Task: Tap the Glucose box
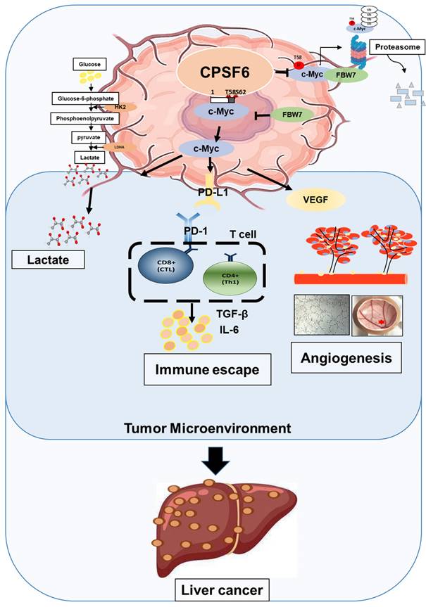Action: click(x=88, y=65)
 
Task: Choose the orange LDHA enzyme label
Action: click(x=115, y=147)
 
